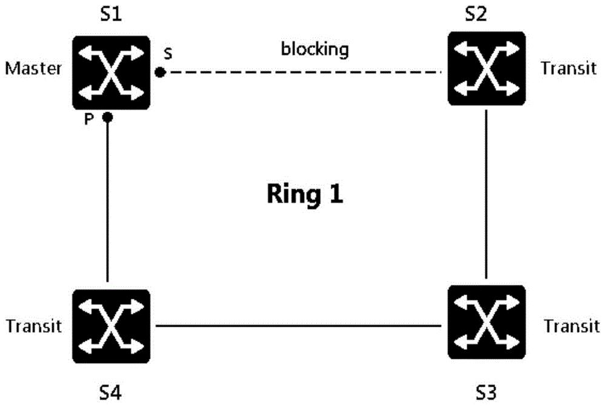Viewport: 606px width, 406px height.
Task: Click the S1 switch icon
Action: (112, 73)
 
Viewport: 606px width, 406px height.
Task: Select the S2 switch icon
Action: (487, 68)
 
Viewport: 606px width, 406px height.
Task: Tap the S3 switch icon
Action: (487, 322)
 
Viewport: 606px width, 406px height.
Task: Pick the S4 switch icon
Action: (112, 326)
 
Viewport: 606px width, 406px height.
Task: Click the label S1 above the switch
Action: (111, 15)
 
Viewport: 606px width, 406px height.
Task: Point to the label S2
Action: (476, 15)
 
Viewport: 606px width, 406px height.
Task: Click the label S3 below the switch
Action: (486, 393)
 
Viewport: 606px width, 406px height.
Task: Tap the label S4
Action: (110, 393)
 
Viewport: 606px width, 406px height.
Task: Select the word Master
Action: (33, 68)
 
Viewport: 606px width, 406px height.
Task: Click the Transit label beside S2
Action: (568, 68)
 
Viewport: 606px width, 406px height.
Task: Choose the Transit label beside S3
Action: (571, 327)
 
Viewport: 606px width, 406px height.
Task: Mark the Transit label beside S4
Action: (33, 327)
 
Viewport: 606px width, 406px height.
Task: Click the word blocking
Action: (315, 50)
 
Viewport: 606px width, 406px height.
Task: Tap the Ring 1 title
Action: (305, 193)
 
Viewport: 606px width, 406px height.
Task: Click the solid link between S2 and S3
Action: (486, 195)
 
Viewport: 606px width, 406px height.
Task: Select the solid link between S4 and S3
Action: (298, 325)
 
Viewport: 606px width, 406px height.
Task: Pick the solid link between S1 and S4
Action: (107, 201)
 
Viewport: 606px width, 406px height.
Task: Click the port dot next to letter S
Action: (160, 72)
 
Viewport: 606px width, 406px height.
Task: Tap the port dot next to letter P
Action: (107, 117)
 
